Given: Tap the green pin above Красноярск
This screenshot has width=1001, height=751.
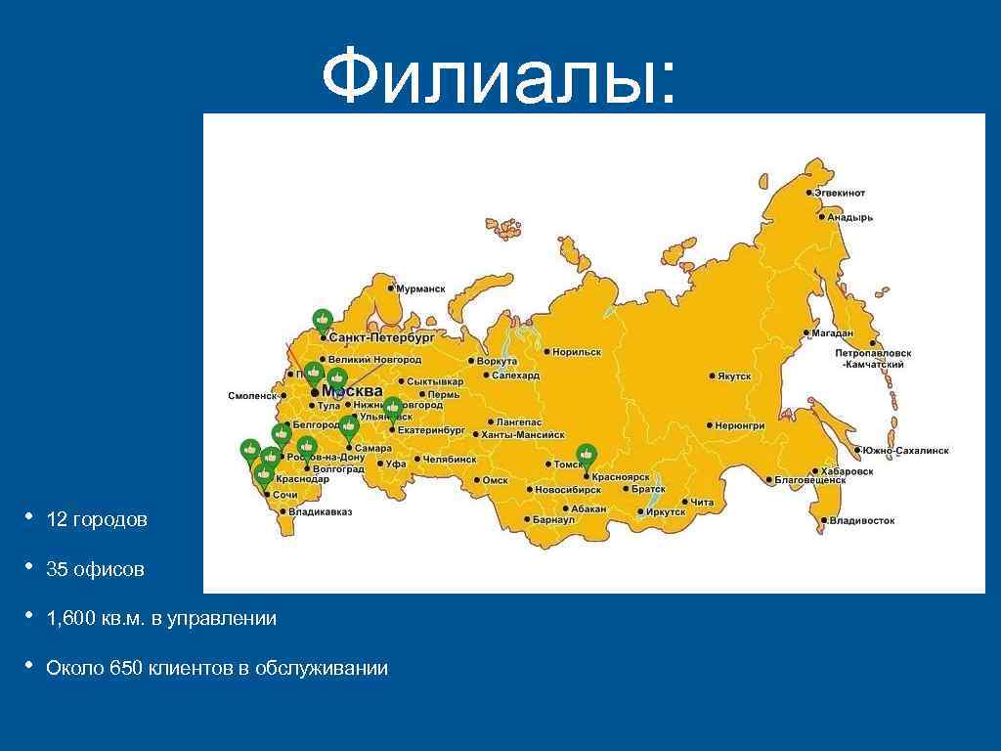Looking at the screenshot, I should pos(586,455).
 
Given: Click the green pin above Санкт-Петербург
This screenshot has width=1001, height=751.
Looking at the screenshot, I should pos(323,319).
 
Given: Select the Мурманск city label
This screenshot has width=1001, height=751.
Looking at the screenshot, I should pos(421,289).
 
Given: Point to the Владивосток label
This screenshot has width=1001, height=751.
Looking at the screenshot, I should pos(862,521).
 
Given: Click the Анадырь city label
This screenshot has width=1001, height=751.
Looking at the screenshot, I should pos(849,217).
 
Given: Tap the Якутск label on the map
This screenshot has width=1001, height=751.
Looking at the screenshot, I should pos(733,375).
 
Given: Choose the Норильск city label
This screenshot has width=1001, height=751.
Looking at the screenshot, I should pos(577,352).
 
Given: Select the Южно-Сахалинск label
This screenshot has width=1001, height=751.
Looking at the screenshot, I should pos(905,451).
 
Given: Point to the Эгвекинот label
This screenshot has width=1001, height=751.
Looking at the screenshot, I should pos(842,194).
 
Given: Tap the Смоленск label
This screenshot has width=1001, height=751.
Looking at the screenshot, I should pos(252,396).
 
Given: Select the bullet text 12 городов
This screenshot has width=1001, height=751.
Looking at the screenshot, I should pos(97,520).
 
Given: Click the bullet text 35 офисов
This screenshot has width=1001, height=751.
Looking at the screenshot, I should pos(95,569).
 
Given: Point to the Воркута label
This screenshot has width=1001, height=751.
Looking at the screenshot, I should pos(498,361).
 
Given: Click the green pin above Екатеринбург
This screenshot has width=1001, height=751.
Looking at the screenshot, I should pos(392,407).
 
